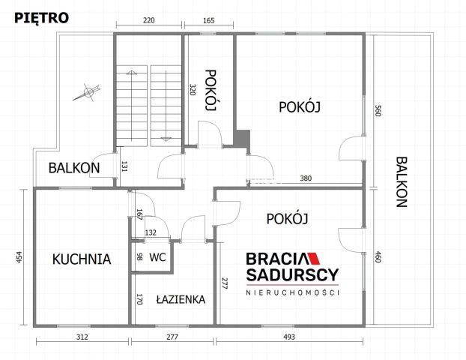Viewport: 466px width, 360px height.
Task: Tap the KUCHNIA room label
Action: click(82, 259)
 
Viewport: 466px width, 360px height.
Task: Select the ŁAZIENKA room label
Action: click(181, 299)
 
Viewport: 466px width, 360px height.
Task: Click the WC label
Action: click(157, 256)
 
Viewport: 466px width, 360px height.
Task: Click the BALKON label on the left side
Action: click(74, 167)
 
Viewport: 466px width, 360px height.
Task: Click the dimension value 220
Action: click(149, 21)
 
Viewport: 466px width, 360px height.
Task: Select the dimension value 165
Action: click(209, 21)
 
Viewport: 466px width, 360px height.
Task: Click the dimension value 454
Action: click(19, 256)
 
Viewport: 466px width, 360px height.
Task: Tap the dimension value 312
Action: click(82, 337)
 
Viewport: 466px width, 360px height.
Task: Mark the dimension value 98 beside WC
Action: click(139, 256)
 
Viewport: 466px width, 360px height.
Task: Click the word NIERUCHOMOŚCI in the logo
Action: click(292, 293)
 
